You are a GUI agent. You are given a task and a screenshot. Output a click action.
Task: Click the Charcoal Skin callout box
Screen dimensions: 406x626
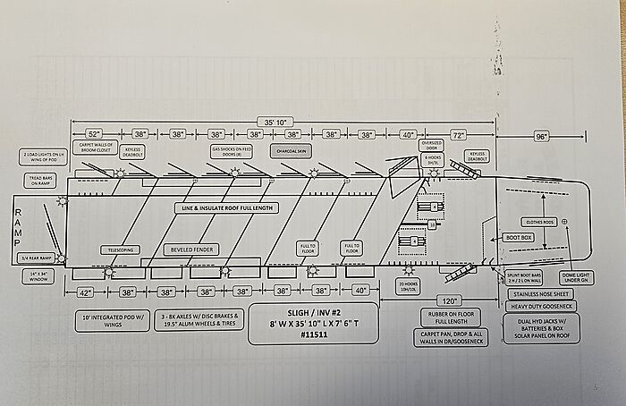(x=292, y=151)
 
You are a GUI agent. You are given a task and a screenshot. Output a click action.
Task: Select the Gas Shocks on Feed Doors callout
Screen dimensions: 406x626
(x=230, y=152)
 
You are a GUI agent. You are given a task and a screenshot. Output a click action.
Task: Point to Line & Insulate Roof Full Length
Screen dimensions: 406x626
(x=227, y=207)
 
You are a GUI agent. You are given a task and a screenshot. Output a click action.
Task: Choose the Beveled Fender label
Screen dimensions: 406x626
(x=190, y=250)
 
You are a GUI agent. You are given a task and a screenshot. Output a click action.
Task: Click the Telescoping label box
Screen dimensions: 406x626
(x=120, y=250)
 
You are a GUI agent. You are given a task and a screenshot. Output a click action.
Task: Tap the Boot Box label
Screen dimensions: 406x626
(x=520, y=238)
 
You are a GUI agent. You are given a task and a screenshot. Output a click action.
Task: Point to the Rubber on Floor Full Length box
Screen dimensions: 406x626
(x=450, y=317)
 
